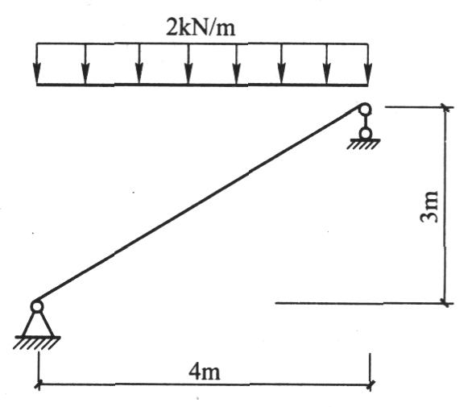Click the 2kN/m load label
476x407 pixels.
tap(201, 27)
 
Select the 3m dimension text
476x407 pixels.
tap(430, 207)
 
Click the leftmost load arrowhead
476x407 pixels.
tap(37, 73)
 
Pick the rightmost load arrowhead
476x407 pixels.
tap(368, 73)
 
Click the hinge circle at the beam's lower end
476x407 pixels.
tap(37, 307)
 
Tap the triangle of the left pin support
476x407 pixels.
tap(38, 324)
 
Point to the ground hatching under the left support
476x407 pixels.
tap(36, 343)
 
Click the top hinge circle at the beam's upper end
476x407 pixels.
tap(365, 110)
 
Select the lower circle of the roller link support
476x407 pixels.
tap(365, 133)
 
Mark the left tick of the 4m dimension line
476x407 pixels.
tap(38, 385)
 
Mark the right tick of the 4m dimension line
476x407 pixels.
tap(370, 385)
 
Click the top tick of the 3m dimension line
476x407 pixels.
tap(445, 107)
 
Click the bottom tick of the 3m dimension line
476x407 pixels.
tap(445, 303)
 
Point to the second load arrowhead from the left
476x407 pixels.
tap(85, 73)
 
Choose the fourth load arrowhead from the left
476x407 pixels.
tap(188, 73)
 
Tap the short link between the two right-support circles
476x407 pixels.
tap(365, 122)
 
